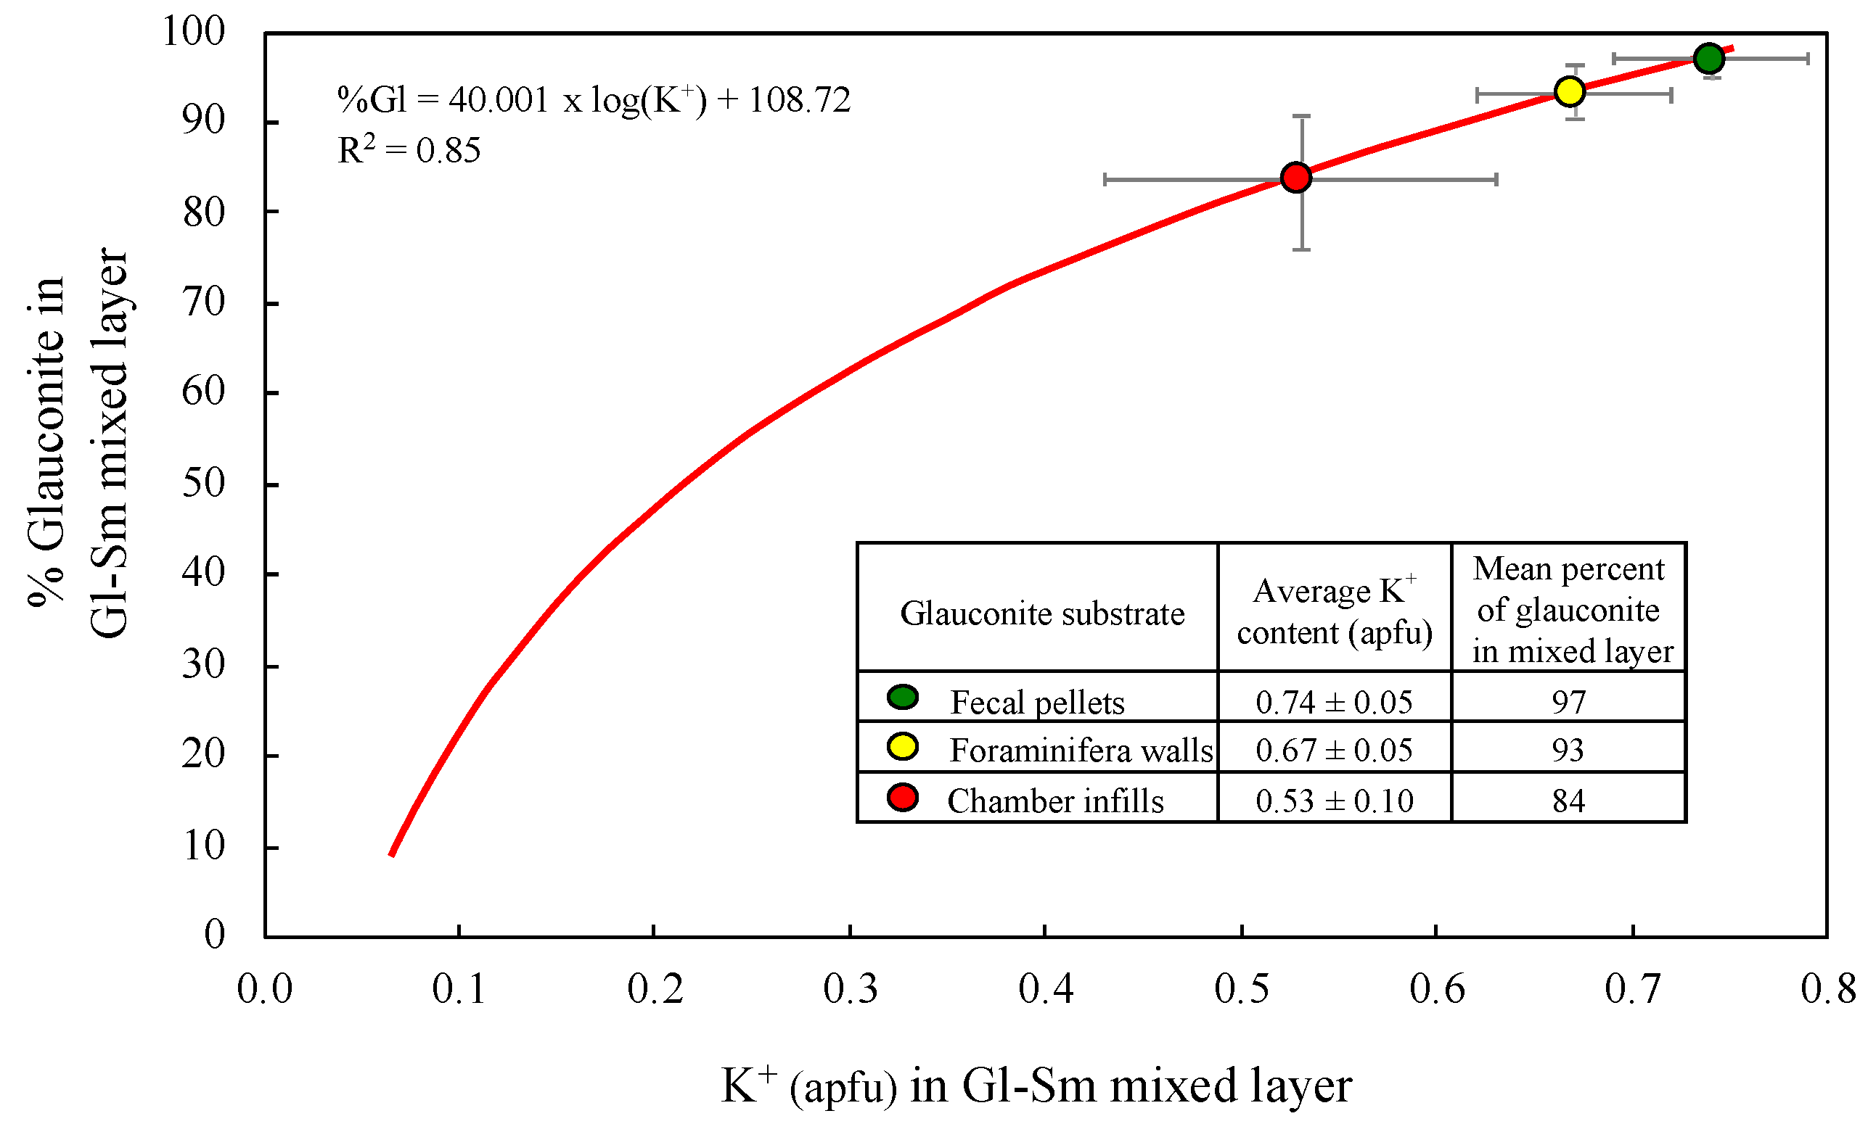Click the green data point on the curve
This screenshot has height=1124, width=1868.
[x=1709, y=58]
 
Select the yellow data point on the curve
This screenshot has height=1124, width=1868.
[x=1569, y=91]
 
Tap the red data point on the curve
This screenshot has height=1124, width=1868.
[x=1296, y=177]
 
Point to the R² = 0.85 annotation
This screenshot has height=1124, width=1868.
[x=409, y=150]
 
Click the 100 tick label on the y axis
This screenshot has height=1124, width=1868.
[x=194, y=32]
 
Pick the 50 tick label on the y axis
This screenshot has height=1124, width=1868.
[x=203, y=483]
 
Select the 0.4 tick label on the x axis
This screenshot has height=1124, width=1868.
[x=1045, y=988]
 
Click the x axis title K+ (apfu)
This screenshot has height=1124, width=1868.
[x=1035, y=1086]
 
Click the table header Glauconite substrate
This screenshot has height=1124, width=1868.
[x=1041, y=613]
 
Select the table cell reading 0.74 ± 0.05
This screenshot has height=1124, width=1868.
[x=1334, y=702]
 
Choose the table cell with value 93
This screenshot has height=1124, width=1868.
[x=1567, y=751]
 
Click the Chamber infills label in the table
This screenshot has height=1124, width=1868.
[x=1055, y=801]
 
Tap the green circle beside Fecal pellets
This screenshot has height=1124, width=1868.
[x=902, y=697]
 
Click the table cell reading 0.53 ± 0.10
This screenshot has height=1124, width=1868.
[x=1334, y=801]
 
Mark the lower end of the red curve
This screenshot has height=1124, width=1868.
[x=392, y=854]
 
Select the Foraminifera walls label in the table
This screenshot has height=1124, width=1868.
[x=1081, y=751]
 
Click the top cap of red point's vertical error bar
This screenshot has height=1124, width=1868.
[x=1301, y=117]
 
